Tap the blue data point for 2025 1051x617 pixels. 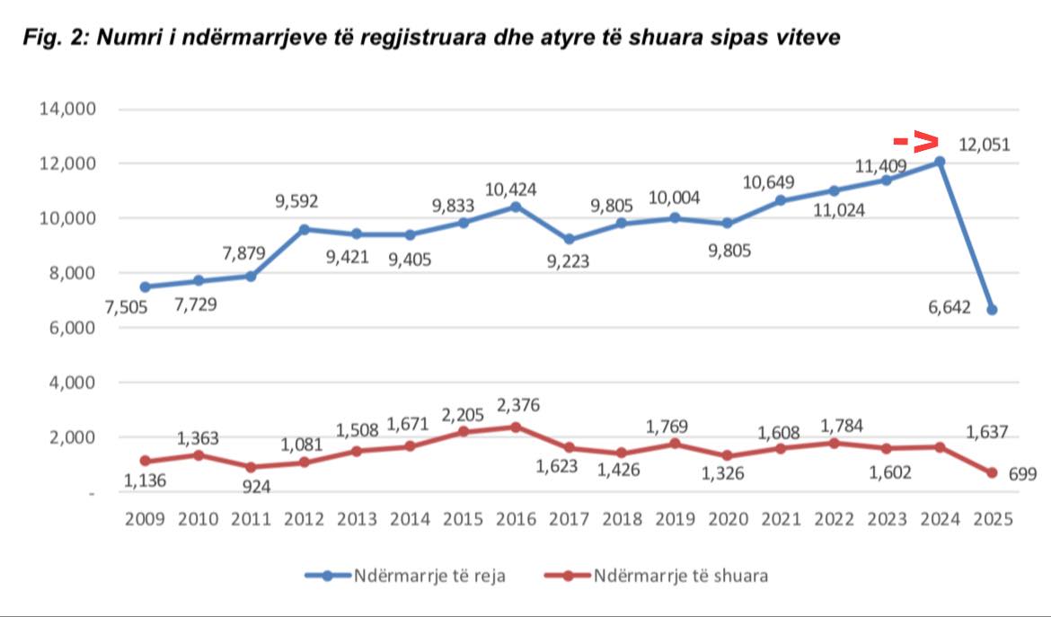point(992,310)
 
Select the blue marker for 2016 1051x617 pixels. point(516,207)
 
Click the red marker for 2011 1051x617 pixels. point(251,467)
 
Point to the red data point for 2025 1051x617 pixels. point(992,473)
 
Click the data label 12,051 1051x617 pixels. point(984,145)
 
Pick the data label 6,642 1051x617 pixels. point(949,307)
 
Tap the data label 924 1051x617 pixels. point(256,487)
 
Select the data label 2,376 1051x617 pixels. point(518,405)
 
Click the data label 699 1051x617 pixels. point(1022,474)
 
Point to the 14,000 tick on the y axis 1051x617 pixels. point(67,109)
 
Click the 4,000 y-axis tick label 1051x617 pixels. point(72,383)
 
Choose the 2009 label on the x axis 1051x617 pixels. point(145,519)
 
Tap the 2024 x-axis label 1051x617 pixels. point(940,519)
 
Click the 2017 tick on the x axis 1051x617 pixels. point(569,519)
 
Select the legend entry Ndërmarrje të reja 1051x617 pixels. point(405,576)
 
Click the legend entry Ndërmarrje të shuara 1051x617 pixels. point(657,576)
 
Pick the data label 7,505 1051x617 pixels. point(126,307)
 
